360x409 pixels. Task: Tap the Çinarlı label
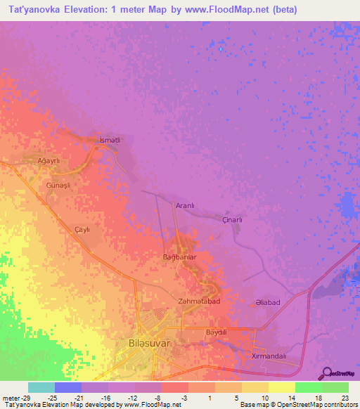click(x=232, y=220)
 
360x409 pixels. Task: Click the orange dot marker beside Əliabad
click(x=252, y=304)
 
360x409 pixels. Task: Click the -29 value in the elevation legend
click(x=14, y=397)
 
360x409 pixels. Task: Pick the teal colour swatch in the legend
click(x=41, y=387)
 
